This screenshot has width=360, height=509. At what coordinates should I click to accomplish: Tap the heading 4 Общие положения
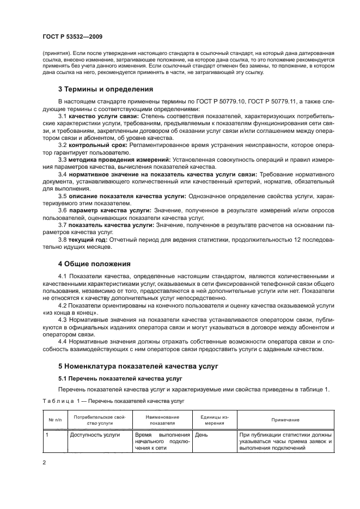(x=94, y=264)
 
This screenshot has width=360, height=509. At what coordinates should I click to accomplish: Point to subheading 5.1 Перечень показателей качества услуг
(x=120, y=378)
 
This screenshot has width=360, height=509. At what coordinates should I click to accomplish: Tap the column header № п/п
(x=54, y=420)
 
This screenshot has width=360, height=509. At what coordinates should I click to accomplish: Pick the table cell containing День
(x=202, y=435)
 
